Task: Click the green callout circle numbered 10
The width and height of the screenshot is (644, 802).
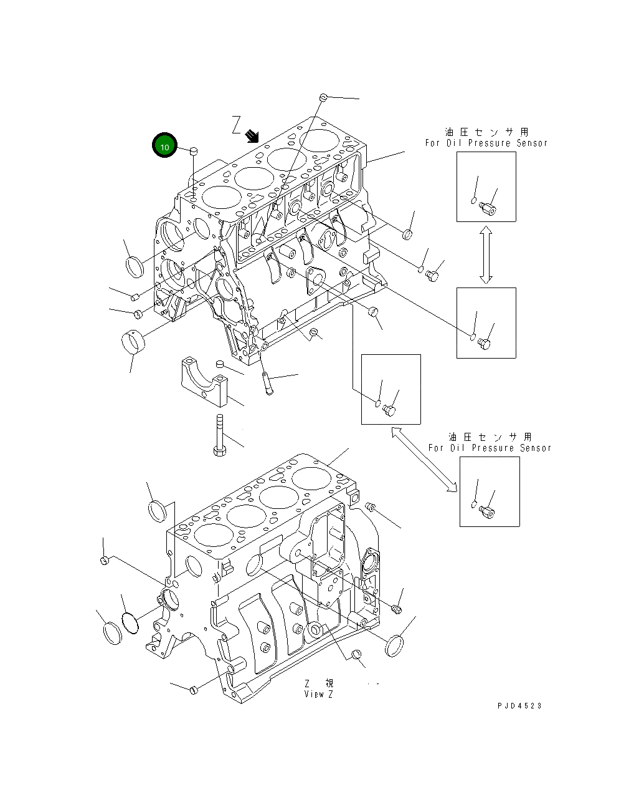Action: pyautogui.click(x=164, y=146)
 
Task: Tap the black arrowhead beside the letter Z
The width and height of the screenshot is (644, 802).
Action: pyautogui.click(x=252, y=135)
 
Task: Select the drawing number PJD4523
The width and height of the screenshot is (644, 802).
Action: pyautogui.click(x=519, y=705)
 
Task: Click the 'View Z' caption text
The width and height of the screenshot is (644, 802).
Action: pyautogui.click(x=319, y=694)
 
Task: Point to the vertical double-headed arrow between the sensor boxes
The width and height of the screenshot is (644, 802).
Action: pyautogui.click(x=486, y=254)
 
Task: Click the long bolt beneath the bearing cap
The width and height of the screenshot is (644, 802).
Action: pyautogui.click(x=219, y=434)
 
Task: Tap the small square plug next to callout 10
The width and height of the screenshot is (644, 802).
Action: pyautogui.click(x=194, y=150)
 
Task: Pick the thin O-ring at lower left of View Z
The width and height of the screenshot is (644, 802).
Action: pyautogui.click(x=130, y=622)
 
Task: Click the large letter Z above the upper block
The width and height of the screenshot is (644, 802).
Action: pyautogui.click(x=236, y=125)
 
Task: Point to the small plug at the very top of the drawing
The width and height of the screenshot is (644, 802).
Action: pyautogui.click(x=323, y=97)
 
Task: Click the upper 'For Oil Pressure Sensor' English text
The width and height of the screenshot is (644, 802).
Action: pyautogui.click(x=486, y=143)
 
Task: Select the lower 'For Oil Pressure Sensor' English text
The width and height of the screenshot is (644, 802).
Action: pyautogui.click(x=490, y=448)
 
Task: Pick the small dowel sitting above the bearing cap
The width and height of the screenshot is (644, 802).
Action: pyautogui.click(x=219, y=365)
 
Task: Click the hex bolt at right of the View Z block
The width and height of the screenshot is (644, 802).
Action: pyautogui.click(x=397, y=606)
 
